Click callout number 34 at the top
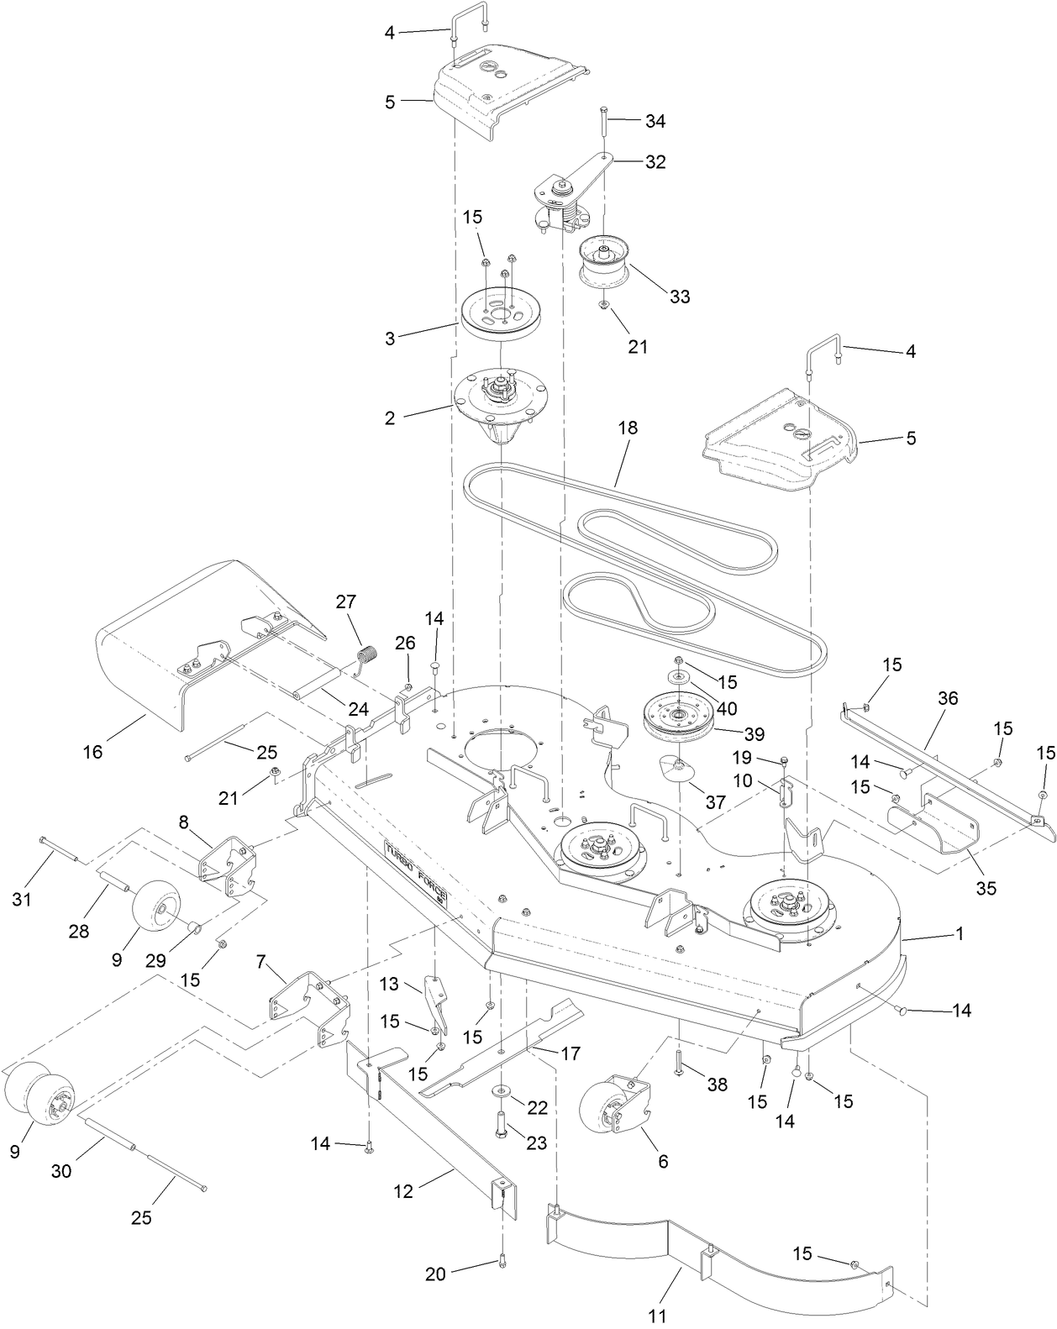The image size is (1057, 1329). (x=655, y=122)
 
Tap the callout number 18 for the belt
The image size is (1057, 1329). (x=627, y=428)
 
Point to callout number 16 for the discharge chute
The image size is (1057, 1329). (x=92, y=751)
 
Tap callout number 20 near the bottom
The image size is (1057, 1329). (x=435, y=1274)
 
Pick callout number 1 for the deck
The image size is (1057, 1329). (x=959, y=933)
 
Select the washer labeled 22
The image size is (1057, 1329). (x=502, y=1090)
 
